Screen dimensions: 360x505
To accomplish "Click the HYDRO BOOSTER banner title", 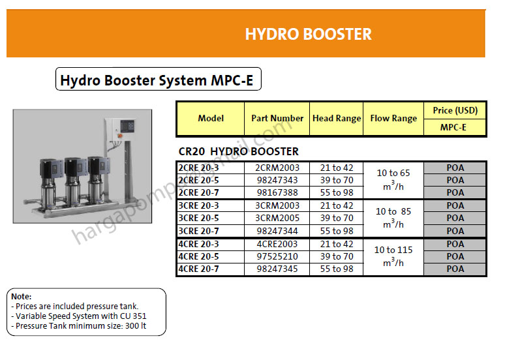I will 308,34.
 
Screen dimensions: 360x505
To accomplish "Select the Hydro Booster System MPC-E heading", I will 157,80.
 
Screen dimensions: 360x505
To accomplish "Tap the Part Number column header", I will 277,118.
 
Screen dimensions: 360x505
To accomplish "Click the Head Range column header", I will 336,118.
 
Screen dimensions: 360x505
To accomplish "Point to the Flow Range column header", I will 393,118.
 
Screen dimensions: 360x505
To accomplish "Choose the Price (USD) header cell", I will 455,110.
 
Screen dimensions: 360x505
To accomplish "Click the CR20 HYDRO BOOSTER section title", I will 238,151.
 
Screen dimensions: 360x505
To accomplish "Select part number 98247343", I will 277,180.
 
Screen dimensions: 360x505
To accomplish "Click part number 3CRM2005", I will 277,218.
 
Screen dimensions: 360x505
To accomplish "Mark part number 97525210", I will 277,256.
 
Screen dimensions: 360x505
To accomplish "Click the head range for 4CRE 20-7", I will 336,269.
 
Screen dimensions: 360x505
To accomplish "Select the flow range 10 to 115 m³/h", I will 393,256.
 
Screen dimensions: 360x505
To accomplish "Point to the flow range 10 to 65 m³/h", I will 393,179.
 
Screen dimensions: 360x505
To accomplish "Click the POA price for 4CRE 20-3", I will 455,244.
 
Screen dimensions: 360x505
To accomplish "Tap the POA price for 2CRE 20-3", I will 455,168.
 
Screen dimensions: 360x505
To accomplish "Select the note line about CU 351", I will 79,316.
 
